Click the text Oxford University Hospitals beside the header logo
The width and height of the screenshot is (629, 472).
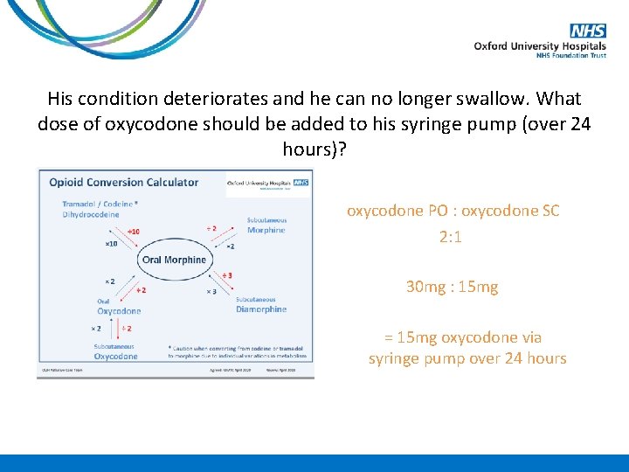click(x=540, y=46)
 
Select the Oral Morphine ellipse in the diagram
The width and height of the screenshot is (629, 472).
click(x=173, y=260)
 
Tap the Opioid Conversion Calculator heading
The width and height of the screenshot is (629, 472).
click(x=123, y=183)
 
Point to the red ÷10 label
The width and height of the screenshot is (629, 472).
click(x=133, y=232)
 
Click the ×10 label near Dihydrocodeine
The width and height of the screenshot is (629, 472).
click(x=111, y=244)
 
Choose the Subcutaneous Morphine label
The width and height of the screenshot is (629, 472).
click(x=266, y=226)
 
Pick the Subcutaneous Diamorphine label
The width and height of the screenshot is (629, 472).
click(x=260, y=305)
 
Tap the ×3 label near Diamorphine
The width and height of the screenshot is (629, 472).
click(x=211, y=291)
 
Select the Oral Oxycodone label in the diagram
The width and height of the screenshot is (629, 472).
click(x=119, y=307)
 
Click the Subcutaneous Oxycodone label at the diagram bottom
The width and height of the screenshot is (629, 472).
click(x=115, y=351)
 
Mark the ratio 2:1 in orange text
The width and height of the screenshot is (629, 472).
click(x=452, y=237)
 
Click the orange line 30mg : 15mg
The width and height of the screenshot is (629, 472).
click(x=452, y=287)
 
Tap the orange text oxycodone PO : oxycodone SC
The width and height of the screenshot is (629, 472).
click(x=453, y=211)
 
